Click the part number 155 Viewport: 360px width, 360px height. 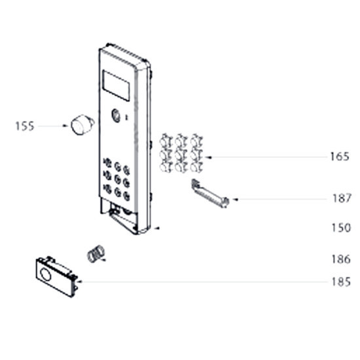tap(25, 126)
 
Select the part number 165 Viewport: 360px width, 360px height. tap(340, 156)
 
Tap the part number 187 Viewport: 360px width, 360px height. tap(342, 198)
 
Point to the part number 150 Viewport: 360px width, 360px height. tap(341, 228)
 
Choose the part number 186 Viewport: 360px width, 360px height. tap(341, 259)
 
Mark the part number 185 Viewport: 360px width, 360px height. tap(341, 281)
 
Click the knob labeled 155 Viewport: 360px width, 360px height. tap(82, 124)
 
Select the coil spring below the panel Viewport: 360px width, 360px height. tap(96, 253)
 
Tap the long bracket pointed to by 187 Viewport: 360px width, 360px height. tap(210, 194)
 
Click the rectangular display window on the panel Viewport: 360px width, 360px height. tap(116, 85)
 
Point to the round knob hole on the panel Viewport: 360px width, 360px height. tap(116, 115)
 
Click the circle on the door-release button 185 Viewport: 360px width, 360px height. tap(45, 275)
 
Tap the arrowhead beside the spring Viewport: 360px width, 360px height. tap(103, 260)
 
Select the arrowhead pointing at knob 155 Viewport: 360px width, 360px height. tap(65, 126)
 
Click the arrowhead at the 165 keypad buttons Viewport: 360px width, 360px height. tap(208, 157)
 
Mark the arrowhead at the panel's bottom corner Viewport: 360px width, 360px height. tap(156, 228)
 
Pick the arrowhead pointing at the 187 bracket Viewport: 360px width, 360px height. tap(235, 200)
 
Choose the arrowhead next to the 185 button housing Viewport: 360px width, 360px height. tap(80, 281)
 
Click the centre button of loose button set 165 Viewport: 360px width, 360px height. tap(181, 154)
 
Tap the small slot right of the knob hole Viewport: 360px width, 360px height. tap(126, 118)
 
